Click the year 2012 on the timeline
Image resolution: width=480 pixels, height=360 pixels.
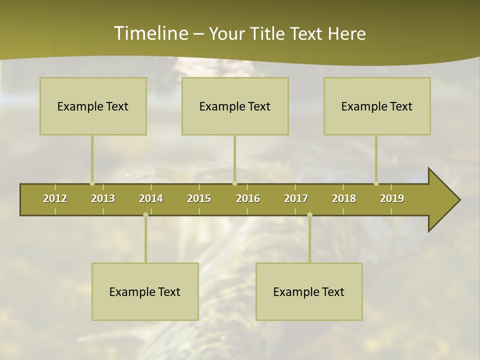[55, 198]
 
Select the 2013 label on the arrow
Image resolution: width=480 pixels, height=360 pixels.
[103, 198]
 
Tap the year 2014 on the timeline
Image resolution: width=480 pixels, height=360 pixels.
[151, 198]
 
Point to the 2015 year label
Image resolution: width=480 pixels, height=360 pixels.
[199, 198]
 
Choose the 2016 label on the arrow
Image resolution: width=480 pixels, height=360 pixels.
[248, 198]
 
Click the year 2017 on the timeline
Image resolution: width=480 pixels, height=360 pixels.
[296, 198]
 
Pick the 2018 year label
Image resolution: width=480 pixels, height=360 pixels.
[344, 198]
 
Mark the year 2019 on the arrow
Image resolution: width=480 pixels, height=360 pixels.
[392, 198]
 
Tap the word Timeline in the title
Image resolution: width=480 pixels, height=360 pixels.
[149, 33]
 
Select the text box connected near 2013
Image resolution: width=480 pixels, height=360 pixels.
[93, 106]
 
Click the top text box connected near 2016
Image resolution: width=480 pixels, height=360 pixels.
[235, 106]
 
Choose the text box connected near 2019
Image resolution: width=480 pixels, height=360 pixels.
[377, 106]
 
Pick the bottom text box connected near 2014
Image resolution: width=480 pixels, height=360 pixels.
[145, 291]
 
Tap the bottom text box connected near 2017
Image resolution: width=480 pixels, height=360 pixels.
[309, 291]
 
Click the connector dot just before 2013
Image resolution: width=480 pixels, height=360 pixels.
[92, 183]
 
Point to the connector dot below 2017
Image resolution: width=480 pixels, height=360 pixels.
[309, 215]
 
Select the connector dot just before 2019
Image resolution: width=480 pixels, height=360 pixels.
[376, 183]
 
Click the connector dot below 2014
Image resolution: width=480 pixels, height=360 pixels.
[145, 215]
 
